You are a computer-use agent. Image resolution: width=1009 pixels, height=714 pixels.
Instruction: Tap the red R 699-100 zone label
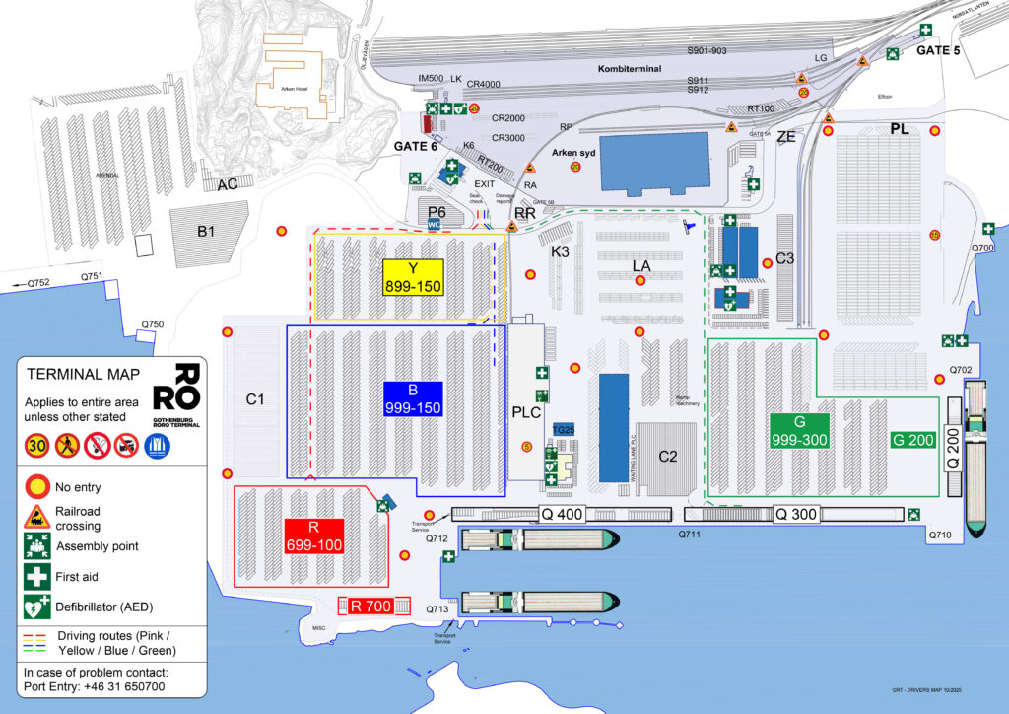click(x=313, y=536)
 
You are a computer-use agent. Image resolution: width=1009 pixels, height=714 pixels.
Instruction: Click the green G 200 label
click(x=912, y=440)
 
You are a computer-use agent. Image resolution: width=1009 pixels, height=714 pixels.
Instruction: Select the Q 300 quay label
click(x=796, y=514)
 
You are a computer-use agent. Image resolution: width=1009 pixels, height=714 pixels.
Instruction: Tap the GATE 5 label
click(x=938, y=50)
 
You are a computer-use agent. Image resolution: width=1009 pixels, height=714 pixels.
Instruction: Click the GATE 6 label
click(x=415, y=146)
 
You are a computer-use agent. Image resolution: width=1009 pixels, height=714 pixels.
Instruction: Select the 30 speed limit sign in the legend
click(x=37, y=446)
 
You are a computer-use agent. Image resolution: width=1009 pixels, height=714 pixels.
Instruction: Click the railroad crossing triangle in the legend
click(x=37, y=516)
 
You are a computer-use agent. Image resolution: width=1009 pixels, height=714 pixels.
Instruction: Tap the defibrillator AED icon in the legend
click(x=37, y=606)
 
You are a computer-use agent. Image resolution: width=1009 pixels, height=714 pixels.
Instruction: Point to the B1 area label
click(x=206, y=232)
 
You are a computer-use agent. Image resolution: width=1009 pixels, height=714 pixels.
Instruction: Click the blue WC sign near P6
click(x=433, y=225)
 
